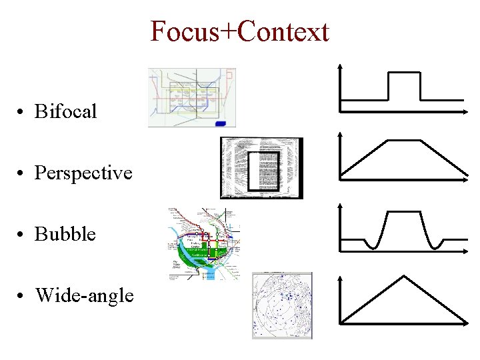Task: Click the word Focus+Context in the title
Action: pos(239,31)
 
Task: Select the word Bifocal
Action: pos(65,111)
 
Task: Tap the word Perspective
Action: pos(83,173)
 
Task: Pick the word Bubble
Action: pos(65,235)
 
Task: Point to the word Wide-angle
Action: pos(84,295)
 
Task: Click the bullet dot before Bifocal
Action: pos(23,112)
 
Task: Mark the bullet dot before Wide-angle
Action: pos(23,295)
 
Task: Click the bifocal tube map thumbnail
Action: pos(191,97)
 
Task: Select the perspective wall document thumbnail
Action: pos(261,168)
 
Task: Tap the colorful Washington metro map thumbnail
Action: pos(203,243)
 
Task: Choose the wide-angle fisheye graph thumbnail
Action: pos(281,305)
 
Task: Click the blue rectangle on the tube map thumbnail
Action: pos(221,123)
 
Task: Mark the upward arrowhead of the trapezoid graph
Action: pos(341,134)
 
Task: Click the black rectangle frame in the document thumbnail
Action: pos(263,171)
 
